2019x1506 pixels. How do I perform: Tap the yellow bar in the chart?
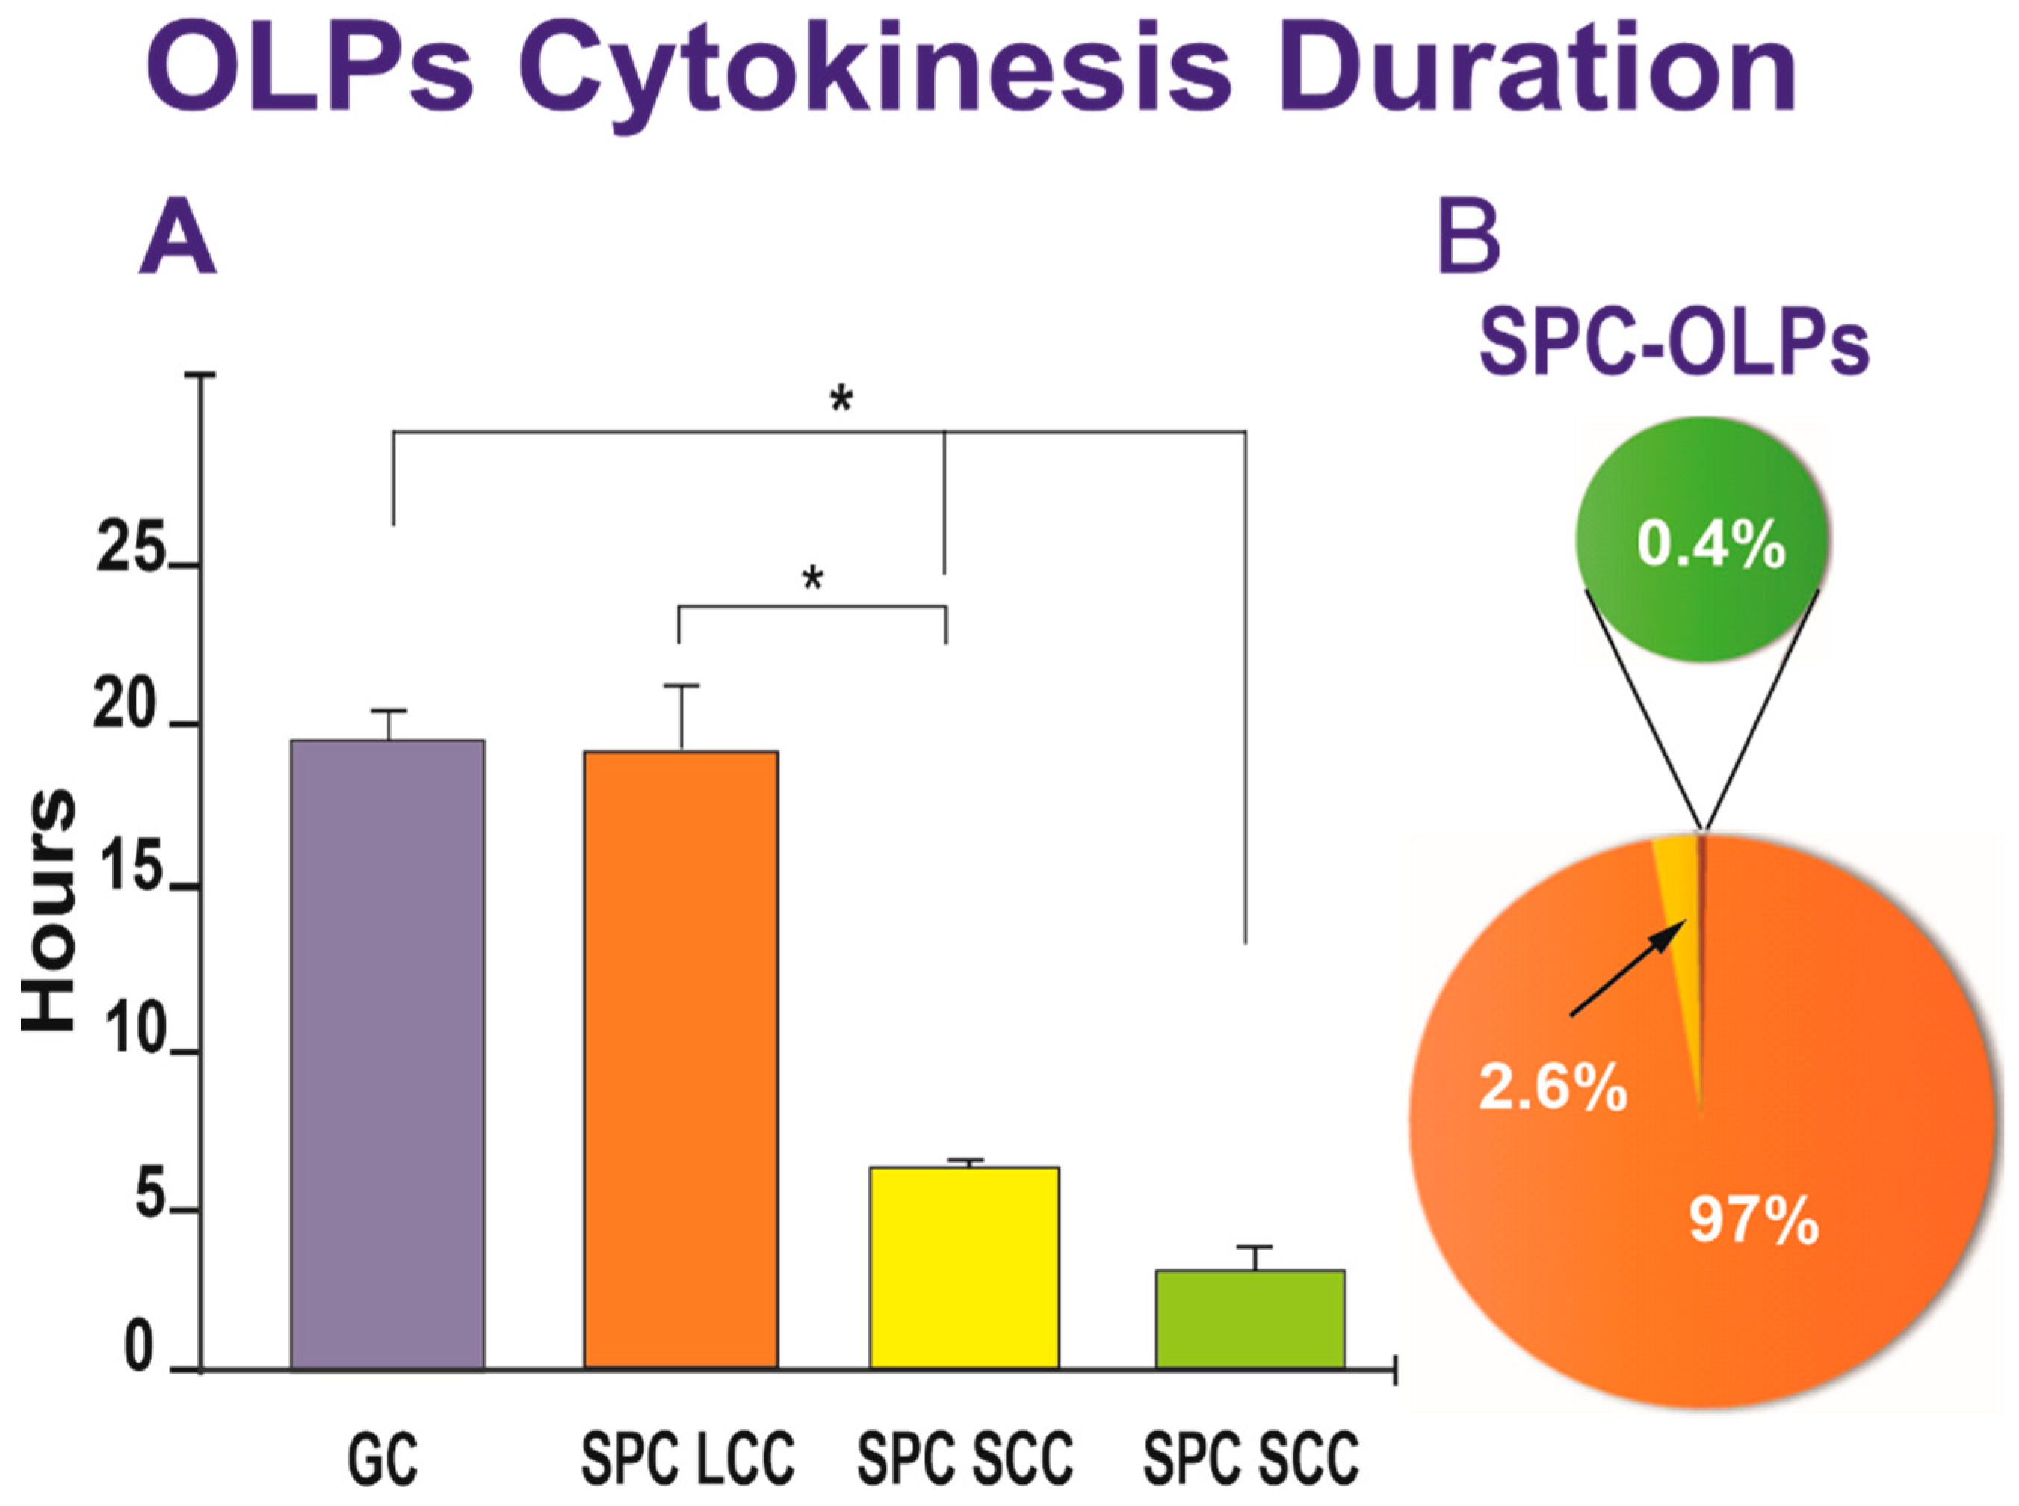(963, 1267)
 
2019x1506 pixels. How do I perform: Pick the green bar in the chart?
(1249, 1318)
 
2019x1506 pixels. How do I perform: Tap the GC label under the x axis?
(383, 1459)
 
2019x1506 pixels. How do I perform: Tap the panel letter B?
(1468, 240)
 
